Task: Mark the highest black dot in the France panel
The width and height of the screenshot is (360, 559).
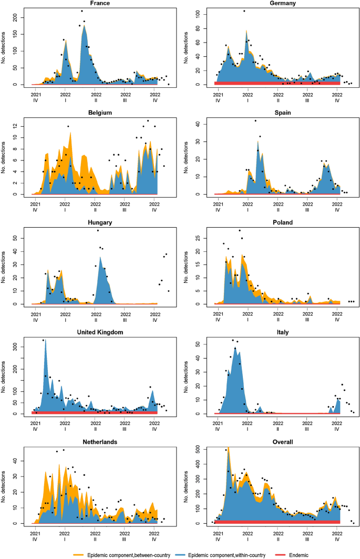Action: click(x=81, y=11)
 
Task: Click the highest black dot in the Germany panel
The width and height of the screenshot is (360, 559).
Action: click(x=243, y=11)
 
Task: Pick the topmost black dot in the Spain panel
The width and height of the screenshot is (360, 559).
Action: click(x=255, y=121)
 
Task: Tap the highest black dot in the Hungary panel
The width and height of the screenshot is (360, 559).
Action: click(x=97, y=230)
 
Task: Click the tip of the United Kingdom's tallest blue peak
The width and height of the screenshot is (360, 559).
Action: click(x=45, y=340)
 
